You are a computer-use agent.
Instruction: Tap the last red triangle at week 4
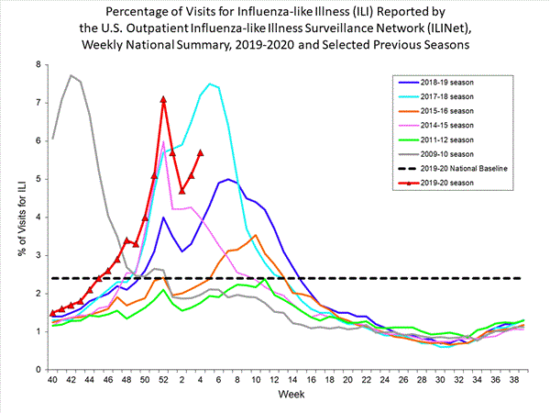click(201, 152)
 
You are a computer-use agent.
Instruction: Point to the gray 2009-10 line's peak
click(71, 75)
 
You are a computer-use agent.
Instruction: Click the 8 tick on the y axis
click(38, 64)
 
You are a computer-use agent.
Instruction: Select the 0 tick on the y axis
click(38, 370)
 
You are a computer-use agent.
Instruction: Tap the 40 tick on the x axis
click(52, 380)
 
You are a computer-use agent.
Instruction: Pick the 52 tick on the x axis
click(163, 380)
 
